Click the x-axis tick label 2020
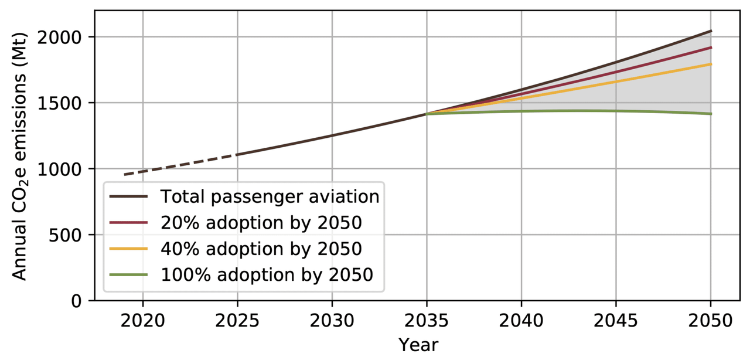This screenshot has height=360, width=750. (142, 321)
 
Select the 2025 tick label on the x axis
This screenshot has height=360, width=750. (237, 321)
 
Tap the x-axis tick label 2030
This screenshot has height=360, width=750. (332, 321)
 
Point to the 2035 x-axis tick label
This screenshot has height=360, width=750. (427, 321)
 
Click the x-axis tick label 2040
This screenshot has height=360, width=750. (521, 321)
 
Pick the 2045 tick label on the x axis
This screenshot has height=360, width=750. (616, 321)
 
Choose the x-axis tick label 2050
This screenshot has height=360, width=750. (711, 321)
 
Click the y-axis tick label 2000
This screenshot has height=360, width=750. (60, 38)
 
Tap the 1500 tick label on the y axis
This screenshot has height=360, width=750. (60, 103)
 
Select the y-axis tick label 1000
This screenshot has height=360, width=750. (60, 169)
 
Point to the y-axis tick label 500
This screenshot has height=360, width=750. (65, 235)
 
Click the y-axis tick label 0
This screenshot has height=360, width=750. (77, 301)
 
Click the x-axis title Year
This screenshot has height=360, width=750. (418, 345)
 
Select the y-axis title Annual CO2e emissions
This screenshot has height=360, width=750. (19, 156)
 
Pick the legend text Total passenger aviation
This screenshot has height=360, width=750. (270, 196)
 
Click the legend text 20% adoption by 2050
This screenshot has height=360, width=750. (261, 223)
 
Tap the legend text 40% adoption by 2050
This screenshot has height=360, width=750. (261, 249)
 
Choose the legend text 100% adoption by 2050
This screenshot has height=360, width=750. (267, 275)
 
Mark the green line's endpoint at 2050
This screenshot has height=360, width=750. (711, 114)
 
